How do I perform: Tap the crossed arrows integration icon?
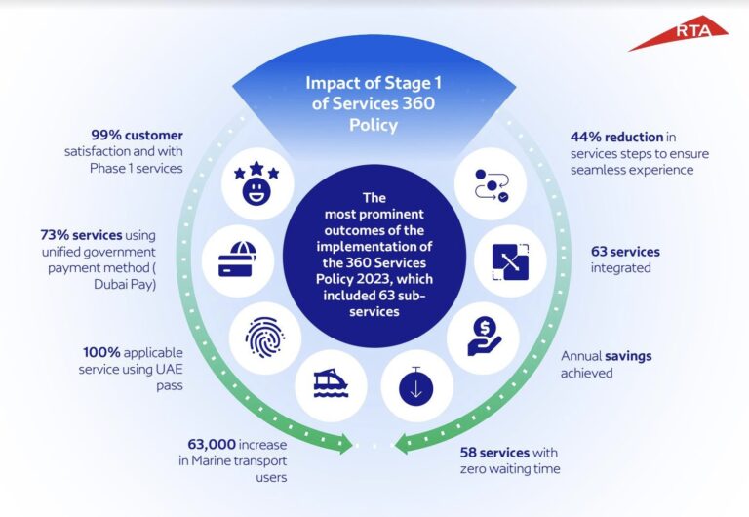(500, 258)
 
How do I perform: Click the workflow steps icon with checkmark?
(484, 181)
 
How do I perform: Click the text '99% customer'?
(146, 134)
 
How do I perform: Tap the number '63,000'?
(208, 444)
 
